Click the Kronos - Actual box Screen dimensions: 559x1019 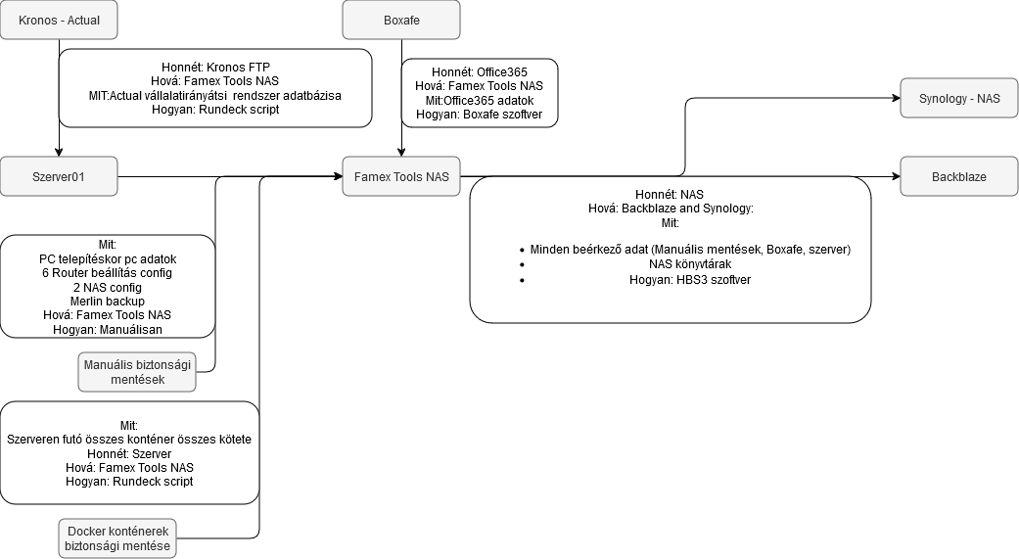tap(59, 20)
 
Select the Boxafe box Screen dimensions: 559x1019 tap(400, 20)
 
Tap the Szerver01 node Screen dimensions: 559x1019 tap(59, 177)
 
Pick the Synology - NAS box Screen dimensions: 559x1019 tap(959, 99)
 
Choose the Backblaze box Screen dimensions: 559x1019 tap(959, 177)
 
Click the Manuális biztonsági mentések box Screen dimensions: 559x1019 tap(137, 372)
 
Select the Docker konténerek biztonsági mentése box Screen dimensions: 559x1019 tap(117, 537)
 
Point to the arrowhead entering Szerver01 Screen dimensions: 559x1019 tap(59, 153)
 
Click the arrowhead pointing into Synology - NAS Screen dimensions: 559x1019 tap(895, 98)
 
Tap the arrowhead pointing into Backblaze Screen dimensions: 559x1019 tap(895, 177)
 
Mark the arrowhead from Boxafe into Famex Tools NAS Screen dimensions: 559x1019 tap(400, 153)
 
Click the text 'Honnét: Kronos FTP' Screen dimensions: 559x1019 tap(214, 68)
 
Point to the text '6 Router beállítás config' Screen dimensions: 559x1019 tap(107, 273)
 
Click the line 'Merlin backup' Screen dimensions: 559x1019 tap(107, 302)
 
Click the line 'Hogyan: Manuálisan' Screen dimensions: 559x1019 tap(107, 330)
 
